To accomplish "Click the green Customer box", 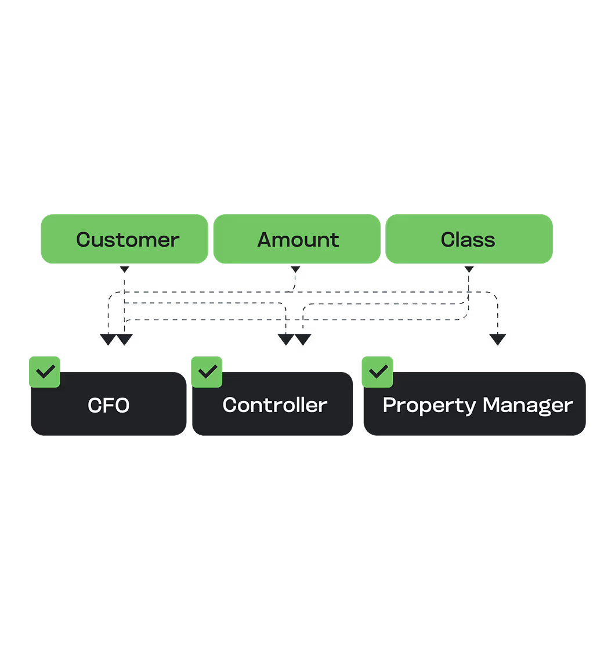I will tap(124, 239).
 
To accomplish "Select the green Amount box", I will tap(297, 239).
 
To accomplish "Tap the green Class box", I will tap(469, 239).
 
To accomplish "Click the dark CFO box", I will tap(108, 405).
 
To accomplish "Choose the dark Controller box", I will tap(273, 405).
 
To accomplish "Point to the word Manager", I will tap(527, 405).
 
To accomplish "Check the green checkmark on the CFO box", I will tap(45, 371).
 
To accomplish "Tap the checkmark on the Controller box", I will tap(207, 371).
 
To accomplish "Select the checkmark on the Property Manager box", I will tap(378, 371).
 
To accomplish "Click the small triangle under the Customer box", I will tap(124, 269).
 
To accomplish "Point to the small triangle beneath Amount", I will tap(295, 269).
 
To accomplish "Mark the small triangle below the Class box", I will tap(469, 269).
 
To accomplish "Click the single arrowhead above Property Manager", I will tap(497, 340).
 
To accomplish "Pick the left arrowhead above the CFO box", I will tap(108, 340).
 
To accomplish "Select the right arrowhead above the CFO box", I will tap(125, 340).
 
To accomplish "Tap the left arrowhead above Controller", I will tap(285, 340).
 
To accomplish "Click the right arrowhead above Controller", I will tap(303, 340).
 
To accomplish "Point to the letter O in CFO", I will tap(121, 405).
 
